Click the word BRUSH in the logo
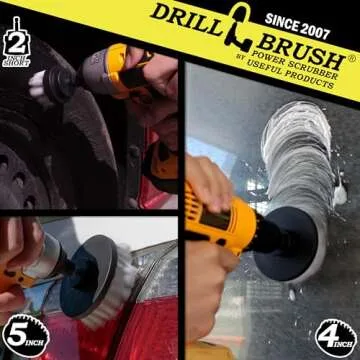pyautogui.click(x=301, y=53)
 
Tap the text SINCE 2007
pyautogui.click(x=297, y=26)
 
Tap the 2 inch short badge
pyautogui.click(x=16, y=42)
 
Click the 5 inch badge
pyautogui.click(x=26, y=336)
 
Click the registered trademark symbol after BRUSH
pyautogui.click(x=351, y=58)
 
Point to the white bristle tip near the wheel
pyautogui.click(x=36, y=84)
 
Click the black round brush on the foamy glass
pyautogui.click(x=286, y=243)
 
